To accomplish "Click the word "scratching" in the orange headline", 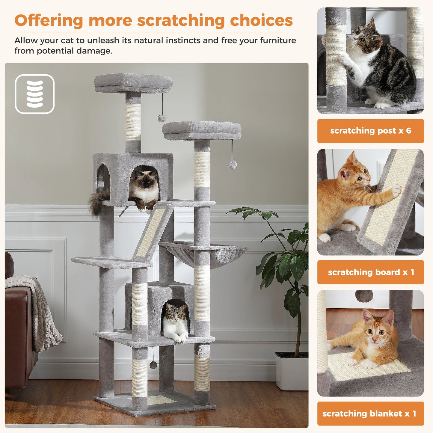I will click(181, 21).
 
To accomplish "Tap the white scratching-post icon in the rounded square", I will click(35, 94).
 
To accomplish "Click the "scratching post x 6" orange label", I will click(370, 131).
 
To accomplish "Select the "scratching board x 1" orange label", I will click(370, 272).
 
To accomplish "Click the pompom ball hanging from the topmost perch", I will click(162, 118).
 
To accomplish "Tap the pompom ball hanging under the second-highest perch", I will click(232, 164).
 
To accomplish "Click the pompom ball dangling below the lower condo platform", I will click(153, 365).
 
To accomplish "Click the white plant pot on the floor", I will click(291, 372).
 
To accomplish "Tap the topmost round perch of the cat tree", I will click(133, 82).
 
